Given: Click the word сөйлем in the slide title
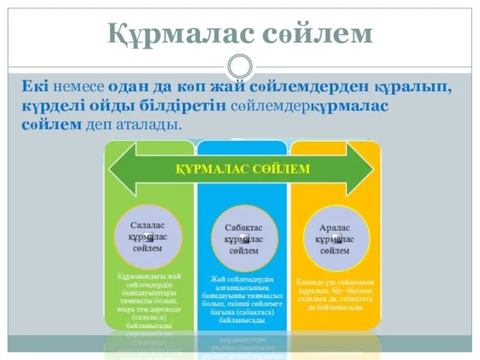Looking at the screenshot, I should (318, 34).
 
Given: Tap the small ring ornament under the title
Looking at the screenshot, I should (241, 65).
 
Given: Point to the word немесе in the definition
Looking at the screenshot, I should (79, 86).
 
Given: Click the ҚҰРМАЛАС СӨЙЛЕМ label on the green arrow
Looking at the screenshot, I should (242, 169).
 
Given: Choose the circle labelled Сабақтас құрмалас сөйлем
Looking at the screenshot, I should (244, 239).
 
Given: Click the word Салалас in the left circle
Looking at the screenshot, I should (147, 224).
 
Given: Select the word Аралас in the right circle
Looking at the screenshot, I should (334, 228).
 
